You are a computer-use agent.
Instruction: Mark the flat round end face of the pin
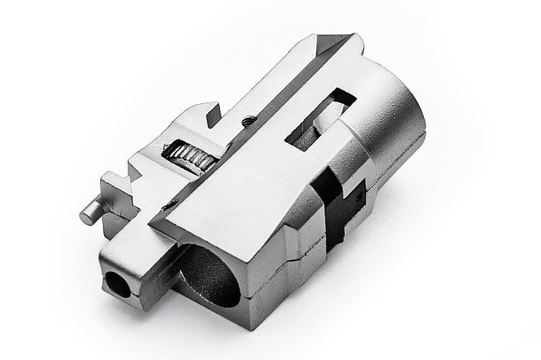click(87, 215)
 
